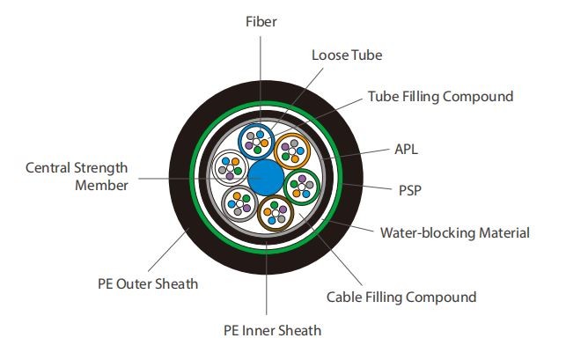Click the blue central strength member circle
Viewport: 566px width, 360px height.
click(x=265, y=179)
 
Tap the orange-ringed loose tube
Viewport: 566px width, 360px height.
click(x=292, y=150)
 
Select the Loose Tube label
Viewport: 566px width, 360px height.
click(x=347, y=55)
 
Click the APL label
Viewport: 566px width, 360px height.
click(x=406, y=150)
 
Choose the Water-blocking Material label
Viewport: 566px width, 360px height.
click(x=454, y=233)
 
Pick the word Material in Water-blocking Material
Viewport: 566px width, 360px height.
click(x=504, y=233)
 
